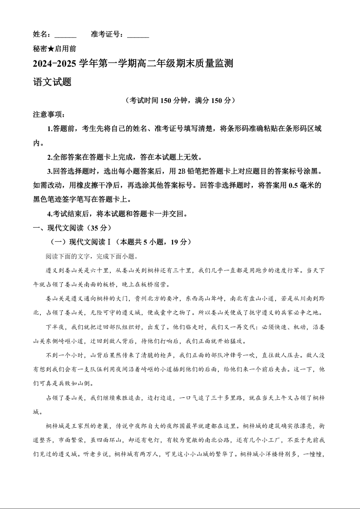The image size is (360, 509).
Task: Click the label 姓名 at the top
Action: click(x=40, y=34)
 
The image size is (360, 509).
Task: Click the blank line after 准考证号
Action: click(x=138, y=35)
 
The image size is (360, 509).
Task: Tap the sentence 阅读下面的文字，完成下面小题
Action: click(x=91, y=256)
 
